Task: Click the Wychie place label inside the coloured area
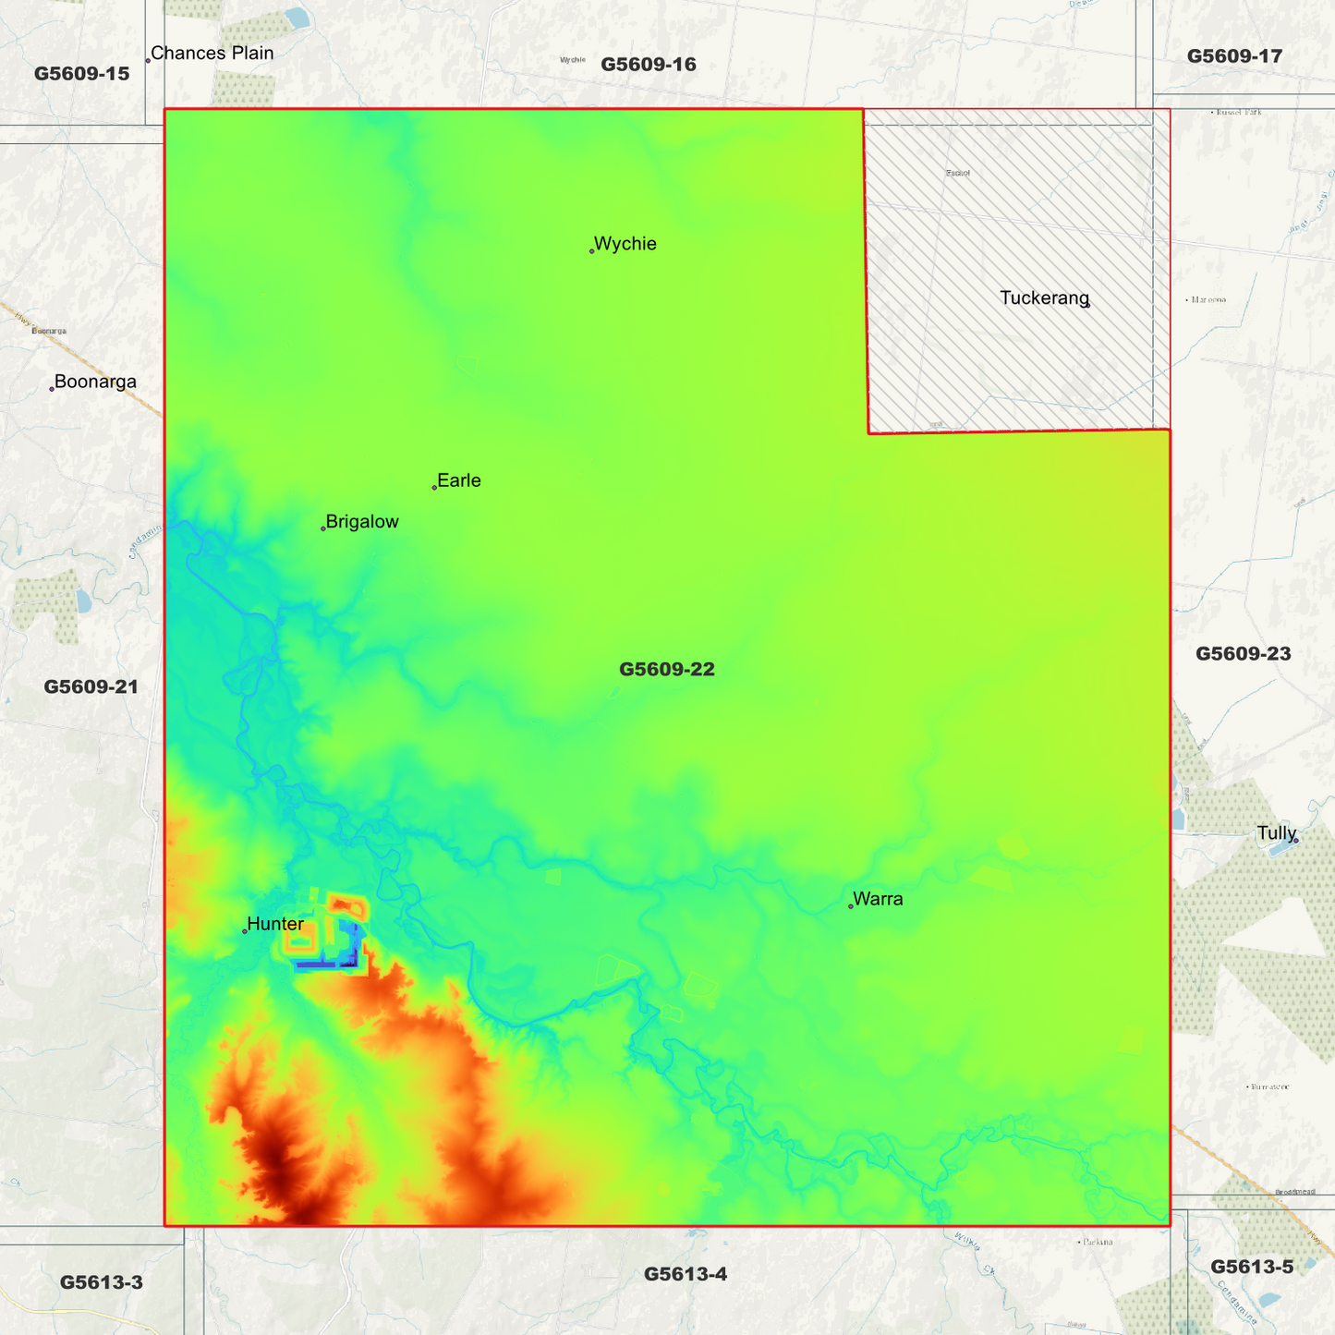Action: [625, 244]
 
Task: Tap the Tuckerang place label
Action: [1044, 298]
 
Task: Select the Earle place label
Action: [458, 480]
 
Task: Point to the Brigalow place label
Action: [362, 522]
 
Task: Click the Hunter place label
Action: [275, 924]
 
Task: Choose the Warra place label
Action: [878, 899]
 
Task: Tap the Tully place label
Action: [1277, 833]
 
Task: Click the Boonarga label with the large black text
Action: [95, 382]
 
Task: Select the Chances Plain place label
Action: [212, 54]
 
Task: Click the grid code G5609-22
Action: [667, 669]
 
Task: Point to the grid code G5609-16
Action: [649, 65]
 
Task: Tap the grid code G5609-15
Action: [82, 74]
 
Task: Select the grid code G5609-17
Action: [1234, 56]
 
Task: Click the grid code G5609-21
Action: [91, 686]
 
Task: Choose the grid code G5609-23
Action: [1243, 654]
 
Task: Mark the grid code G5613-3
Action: [102, 1282]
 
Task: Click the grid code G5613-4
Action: [686, 1274]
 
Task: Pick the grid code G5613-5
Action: [1252, 1267]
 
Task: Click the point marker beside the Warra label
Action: [851, 906]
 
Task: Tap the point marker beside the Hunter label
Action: [245, 931]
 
